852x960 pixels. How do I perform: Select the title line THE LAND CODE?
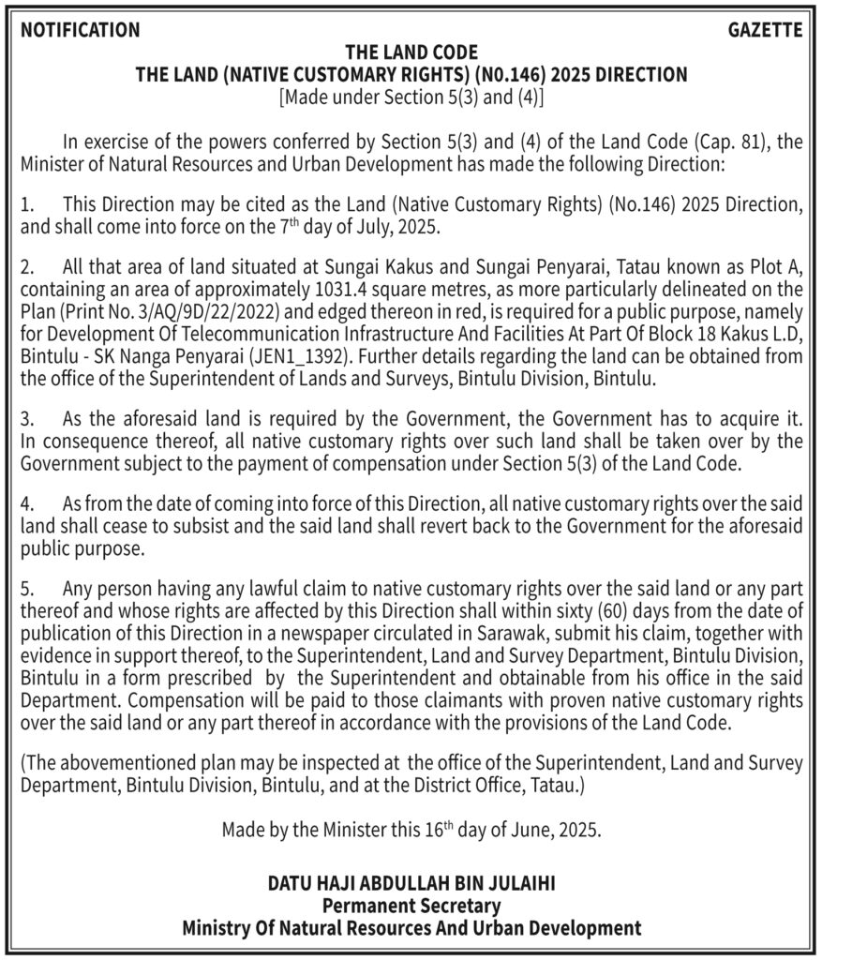[411, 52]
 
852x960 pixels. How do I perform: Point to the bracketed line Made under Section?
[411, 97]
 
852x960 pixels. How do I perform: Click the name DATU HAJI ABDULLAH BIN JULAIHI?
[411, 883]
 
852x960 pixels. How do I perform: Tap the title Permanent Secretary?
[411, 906]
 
